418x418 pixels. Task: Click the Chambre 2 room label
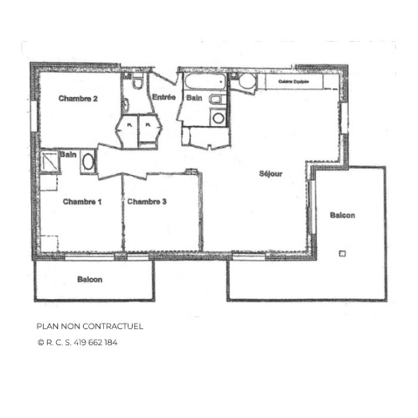78,99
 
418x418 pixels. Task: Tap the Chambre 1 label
82,202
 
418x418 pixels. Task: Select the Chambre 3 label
147,202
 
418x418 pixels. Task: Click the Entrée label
163,97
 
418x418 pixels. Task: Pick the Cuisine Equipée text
293,82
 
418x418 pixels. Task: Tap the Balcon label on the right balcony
343,216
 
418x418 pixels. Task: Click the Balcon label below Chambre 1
89,280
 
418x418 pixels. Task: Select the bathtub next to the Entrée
204,82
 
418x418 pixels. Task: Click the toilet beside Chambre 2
137,84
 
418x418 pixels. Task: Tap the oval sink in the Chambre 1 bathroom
88,162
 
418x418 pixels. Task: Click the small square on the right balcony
342,253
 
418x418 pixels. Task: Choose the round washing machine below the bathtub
218,118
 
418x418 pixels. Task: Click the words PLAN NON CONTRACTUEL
89,326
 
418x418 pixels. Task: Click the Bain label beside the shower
68,154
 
